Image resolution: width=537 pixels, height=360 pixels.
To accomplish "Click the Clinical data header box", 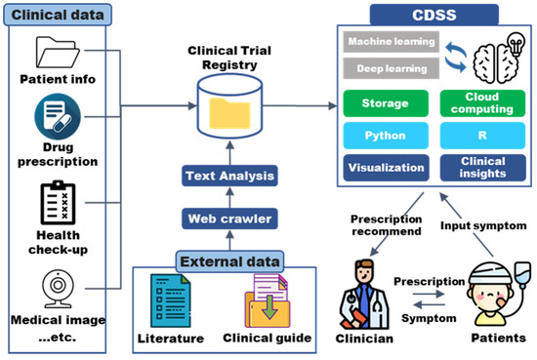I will click(x=54, y=15).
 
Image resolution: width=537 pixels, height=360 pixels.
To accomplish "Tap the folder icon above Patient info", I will click(x=55, y=52).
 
